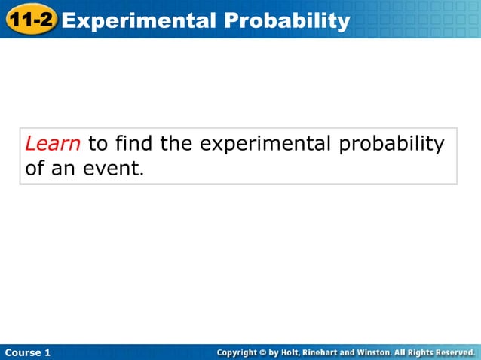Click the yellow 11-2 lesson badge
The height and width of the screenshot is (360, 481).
tap(31, 19)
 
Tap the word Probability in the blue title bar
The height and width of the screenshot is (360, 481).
tap(290, 20)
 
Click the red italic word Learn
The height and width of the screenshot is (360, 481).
tap(53, 143)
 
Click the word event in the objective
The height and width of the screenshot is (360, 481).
tap(112, 168)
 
